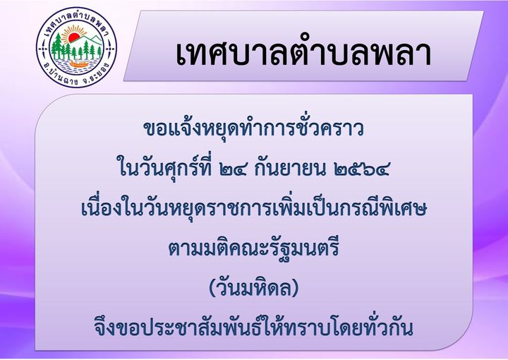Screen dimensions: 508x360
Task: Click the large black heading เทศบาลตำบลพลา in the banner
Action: click(x=303, y=54)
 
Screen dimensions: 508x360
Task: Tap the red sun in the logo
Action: click(x=74, y=37)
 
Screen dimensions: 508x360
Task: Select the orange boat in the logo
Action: click(x=79, y=64)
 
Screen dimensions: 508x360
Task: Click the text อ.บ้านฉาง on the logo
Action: click(x=60, y=76)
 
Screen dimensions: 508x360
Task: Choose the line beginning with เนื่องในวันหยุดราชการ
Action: click(x=254, y=208)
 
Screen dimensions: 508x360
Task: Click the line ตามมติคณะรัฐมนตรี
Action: click(x=254, y=248)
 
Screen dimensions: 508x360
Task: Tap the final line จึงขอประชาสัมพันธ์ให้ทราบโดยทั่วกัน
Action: click(x=254, y=328)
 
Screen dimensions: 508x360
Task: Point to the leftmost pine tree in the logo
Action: click(x=57, y=45)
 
